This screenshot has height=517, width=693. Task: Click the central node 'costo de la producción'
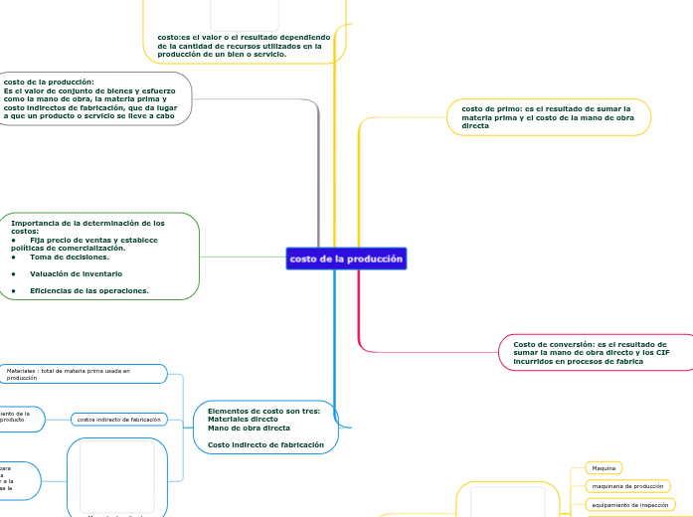pos(346,258)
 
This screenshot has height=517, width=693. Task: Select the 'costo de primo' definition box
pos(549,117)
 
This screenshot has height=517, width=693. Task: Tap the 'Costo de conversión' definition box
pos(594,352)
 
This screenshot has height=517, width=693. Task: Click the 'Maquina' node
pos(603,467)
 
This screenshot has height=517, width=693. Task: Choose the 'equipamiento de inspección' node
pos(630,505)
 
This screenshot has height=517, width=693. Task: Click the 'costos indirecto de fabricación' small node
pos(118,420)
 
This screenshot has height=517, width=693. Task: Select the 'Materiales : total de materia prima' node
pos(86,374)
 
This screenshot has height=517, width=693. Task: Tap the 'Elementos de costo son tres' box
pos(265,427)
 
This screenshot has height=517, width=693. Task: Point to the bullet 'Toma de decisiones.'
pos(70,257)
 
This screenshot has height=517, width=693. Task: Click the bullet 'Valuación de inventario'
pos(76,273)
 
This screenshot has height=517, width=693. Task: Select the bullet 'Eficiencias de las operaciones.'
pos(89,290)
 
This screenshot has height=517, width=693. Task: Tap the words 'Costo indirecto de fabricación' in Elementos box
pos(265,444)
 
